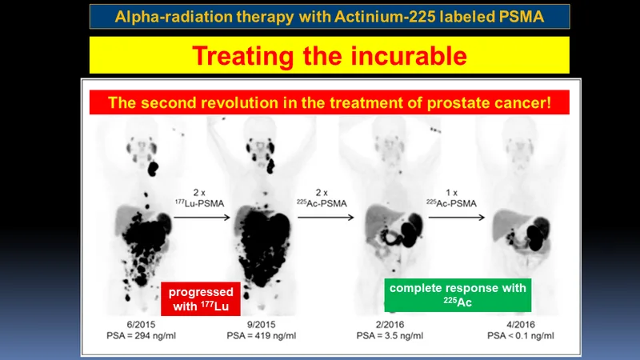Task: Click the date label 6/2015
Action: click(141, 325)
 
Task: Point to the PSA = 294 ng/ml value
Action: click(142, 335)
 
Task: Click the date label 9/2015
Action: click(262, 325)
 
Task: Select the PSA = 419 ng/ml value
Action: click(262, 335)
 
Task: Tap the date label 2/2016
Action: click(390, 325)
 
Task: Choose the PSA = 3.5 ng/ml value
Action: click(390, 335)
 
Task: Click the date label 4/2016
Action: click(521, 325)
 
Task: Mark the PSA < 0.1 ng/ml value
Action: click(521, 335)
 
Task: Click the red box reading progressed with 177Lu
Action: click(201, 298)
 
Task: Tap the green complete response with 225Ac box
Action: click(458, 295)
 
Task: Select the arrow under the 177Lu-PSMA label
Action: click(202, 218)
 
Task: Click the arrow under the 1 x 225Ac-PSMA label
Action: click(457, 218)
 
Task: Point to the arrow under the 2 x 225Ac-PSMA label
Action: click(326, 218)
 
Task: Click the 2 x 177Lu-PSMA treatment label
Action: click(199, 198)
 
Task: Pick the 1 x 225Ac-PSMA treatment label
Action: click(451, 198)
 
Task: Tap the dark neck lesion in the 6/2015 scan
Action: click(153, 168)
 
